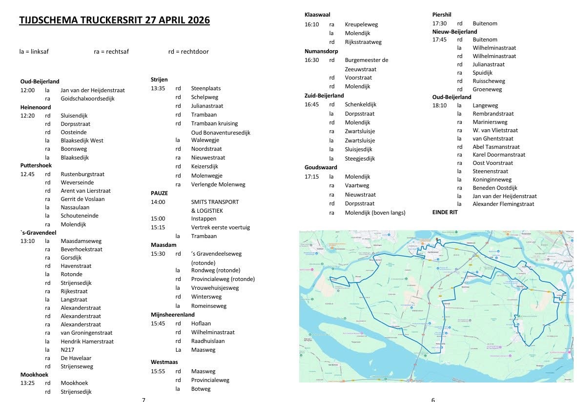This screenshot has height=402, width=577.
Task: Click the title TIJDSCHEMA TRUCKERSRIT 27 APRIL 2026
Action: coord(114,20)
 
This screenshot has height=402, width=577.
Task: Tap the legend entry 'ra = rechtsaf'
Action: coord(111,51)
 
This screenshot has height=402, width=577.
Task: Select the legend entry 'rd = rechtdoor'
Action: coord(188,51)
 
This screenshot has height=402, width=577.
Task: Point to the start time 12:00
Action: coord(27,90)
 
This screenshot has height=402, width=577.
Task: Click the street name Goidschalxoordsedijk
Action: coord(87,99)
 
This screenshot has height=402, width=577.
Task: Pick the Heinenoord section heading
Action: coord(36,107)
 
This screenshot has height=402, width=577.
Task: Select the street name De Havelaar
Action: coord(76,358)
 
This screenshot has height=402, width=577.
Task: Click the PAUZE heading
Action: coord(159,193)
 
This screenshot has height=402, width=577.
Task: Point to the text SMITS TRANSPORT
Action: coord(215,202)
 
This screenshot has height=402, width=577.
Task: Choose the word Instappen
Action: coord(204,219)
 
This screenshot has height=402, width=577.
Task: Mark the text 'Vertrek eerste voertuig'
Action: coord(220,227)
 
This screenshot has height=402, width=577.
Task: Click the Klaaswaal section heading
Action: coord(317,15)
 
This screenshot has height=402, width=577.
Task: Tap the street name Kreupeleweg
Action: coord(361,24)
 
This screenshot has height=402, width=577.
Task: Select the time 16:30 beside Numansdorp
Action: coord(311,60)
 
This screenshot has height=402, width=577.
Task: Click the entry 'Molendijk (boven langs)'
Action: coord(375,213)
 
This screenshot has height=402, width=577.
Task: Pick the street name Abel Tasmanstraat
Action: coord(496,147)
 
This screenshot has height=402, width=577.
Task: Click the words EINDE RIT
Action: coord(445,212)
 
